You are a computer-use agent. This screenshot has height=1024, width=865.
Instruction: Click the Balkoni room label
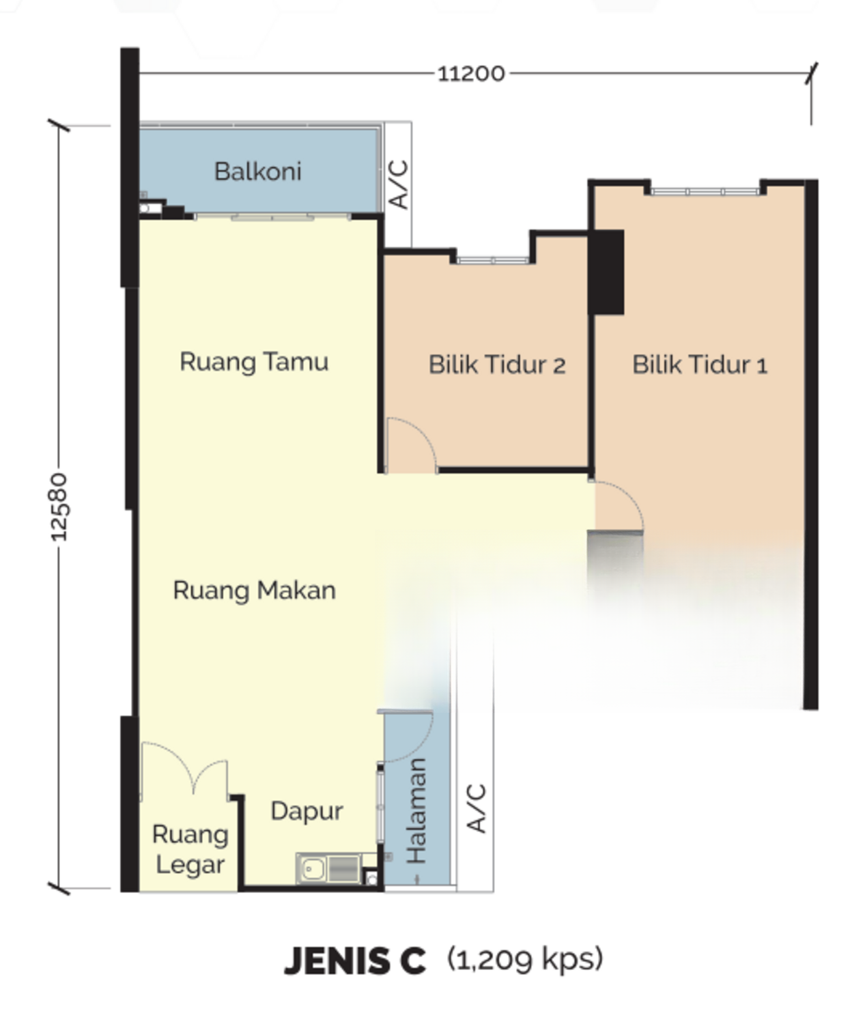point(258,171)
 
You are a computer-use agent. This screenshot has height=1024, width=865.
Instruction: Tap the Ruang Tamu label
point(254,362)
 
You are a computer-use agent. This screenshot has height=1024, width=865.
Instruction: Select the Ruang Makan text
point(255,591)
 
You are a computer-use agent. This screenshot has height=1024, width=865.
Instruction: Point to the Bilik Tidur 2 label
point(497,365)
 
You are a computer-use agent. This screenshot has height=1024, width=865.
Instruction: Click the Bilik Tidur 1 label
point(700,365)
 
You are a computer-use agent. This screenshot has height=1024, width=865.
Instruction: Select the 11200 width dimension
point(471,74)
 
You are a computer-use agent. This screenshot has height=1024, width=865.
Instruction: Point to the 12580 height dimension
point(59,507)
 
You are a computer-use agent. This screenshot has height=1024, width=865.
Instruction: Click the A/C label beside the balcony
point(398,185)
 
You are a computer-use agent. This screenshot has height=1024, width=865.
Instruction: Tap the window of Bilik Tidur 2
point(493,259)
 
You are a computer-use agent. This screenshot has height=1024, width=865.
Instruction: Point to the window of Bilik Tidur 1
point(705,191)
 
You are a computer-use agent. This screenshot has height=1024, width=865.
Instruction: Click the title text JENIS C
point(355,961)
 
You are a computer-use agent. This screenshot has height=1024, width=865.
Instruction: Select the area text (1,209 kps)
point(525,960)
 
